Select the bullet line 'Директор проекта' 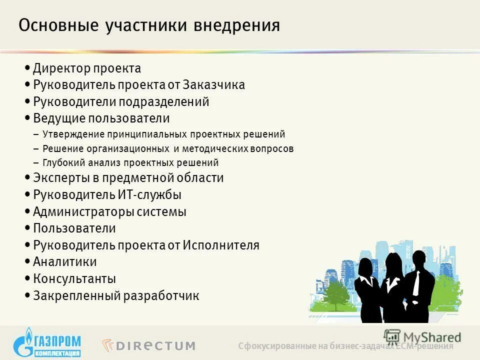point(87,68)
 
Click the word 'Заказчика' point(213,85)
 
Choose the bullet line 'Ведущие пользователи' point(101,118)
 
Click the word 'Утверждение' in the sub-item point(73,134)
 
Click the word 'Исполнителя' point(221,245)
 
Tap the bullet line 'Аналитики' point(64,262)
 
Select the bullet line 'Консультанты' point(74,279)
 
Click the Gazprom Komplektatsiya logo point(47,341)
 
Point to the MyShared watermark point(422,336)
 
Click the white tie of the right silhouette point(416,283)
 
